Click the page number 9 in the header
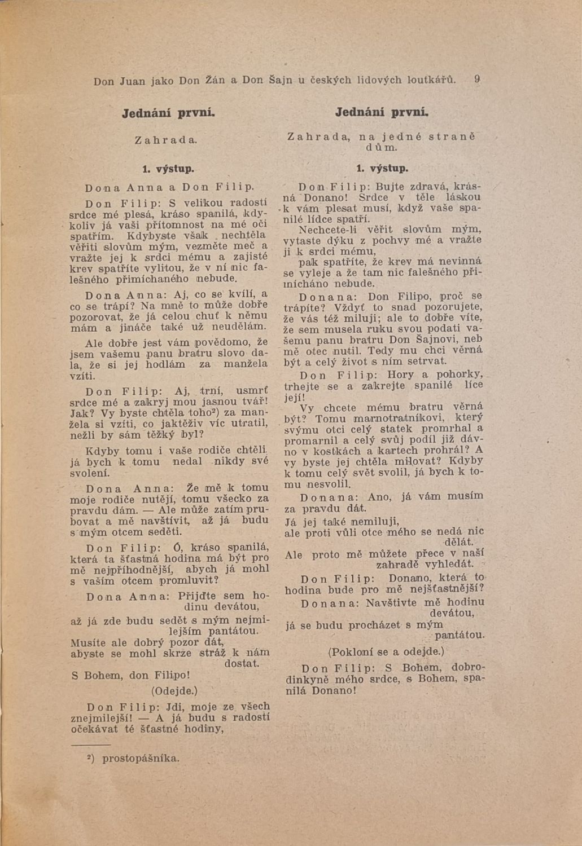(x=478, y=80)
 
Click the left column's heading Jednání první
(x=169, y=112)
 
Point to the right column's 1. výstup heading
(x=382, y=168)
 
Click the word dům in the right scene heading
(x=382, y=148)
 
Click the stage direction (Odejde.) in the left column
(x=174, y=690)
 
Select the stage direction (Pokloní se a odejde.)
(x=387, y=652)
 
